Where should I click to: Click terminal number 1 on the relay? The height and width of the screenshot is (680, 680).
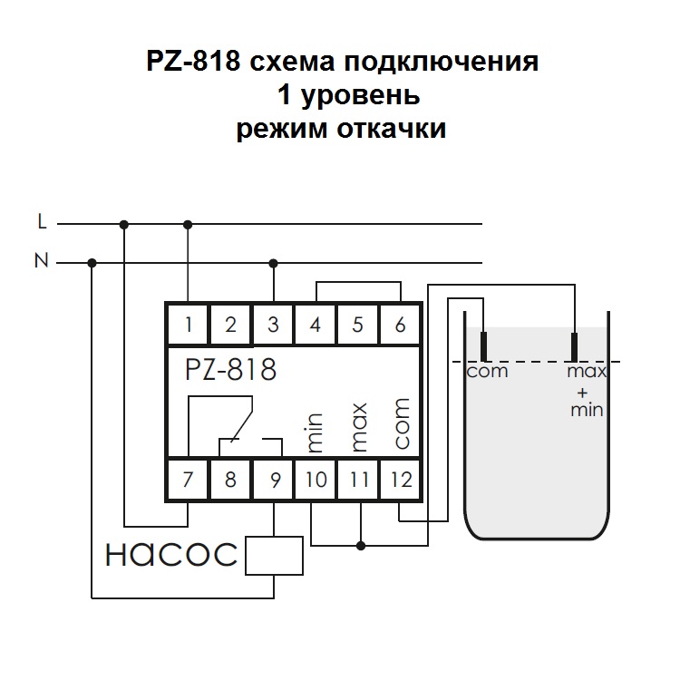pos(188,324)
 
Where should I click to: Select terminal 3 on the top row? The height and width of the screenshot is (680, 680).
pos(273,324)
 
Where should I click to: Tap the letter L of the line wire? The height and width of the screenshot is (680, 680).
pos(42,221)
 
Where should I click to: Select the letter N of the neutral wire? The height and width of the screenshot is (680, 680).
pos(41,262)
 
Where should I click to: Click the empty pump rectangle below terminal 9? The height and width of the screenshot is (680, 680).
pos(274,555)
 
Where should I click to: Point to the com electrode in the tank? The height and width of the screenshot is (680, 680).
pos(485,347)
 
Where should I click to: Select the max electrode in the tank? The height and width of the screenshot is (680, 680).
pos(575,347)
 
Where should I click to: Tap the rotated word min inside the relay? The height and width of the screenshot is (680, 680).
pos(316,432)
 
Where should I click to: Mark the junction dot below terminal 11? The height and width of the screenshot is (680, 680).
pos(360,546)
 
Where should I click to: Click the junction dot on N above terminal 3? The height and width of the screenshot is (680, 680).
pos(274,263)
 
